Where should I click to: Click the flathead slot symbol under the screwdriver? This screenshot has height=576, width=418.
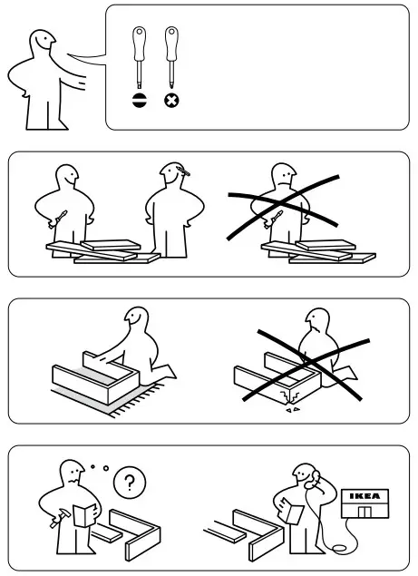140,101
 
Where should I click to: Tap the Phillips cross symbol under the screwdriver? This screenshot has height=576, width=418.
170,101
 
